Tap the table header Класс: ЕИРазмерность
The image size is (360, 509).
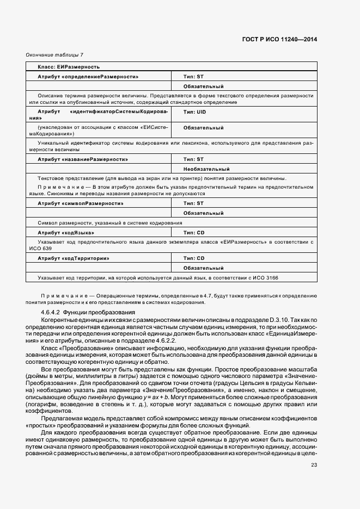[68, 67]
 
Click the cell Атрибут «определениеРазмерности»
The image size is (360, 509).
[88, 77]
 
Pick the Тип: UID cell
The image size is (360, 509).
[195, 112]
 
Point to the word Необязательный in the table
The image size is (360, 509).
[206, 169]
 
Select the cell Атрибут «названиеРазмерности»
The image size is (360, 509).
[83, 159]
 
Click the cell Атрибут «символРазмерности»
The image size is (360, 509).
[80, 203]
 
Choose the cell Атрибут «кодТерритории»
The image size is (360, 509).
[73, 258]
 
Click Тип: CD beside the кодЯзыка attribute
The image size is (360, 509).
[194, 232]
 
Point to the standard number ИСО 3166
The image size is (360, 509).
[265, 278]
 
